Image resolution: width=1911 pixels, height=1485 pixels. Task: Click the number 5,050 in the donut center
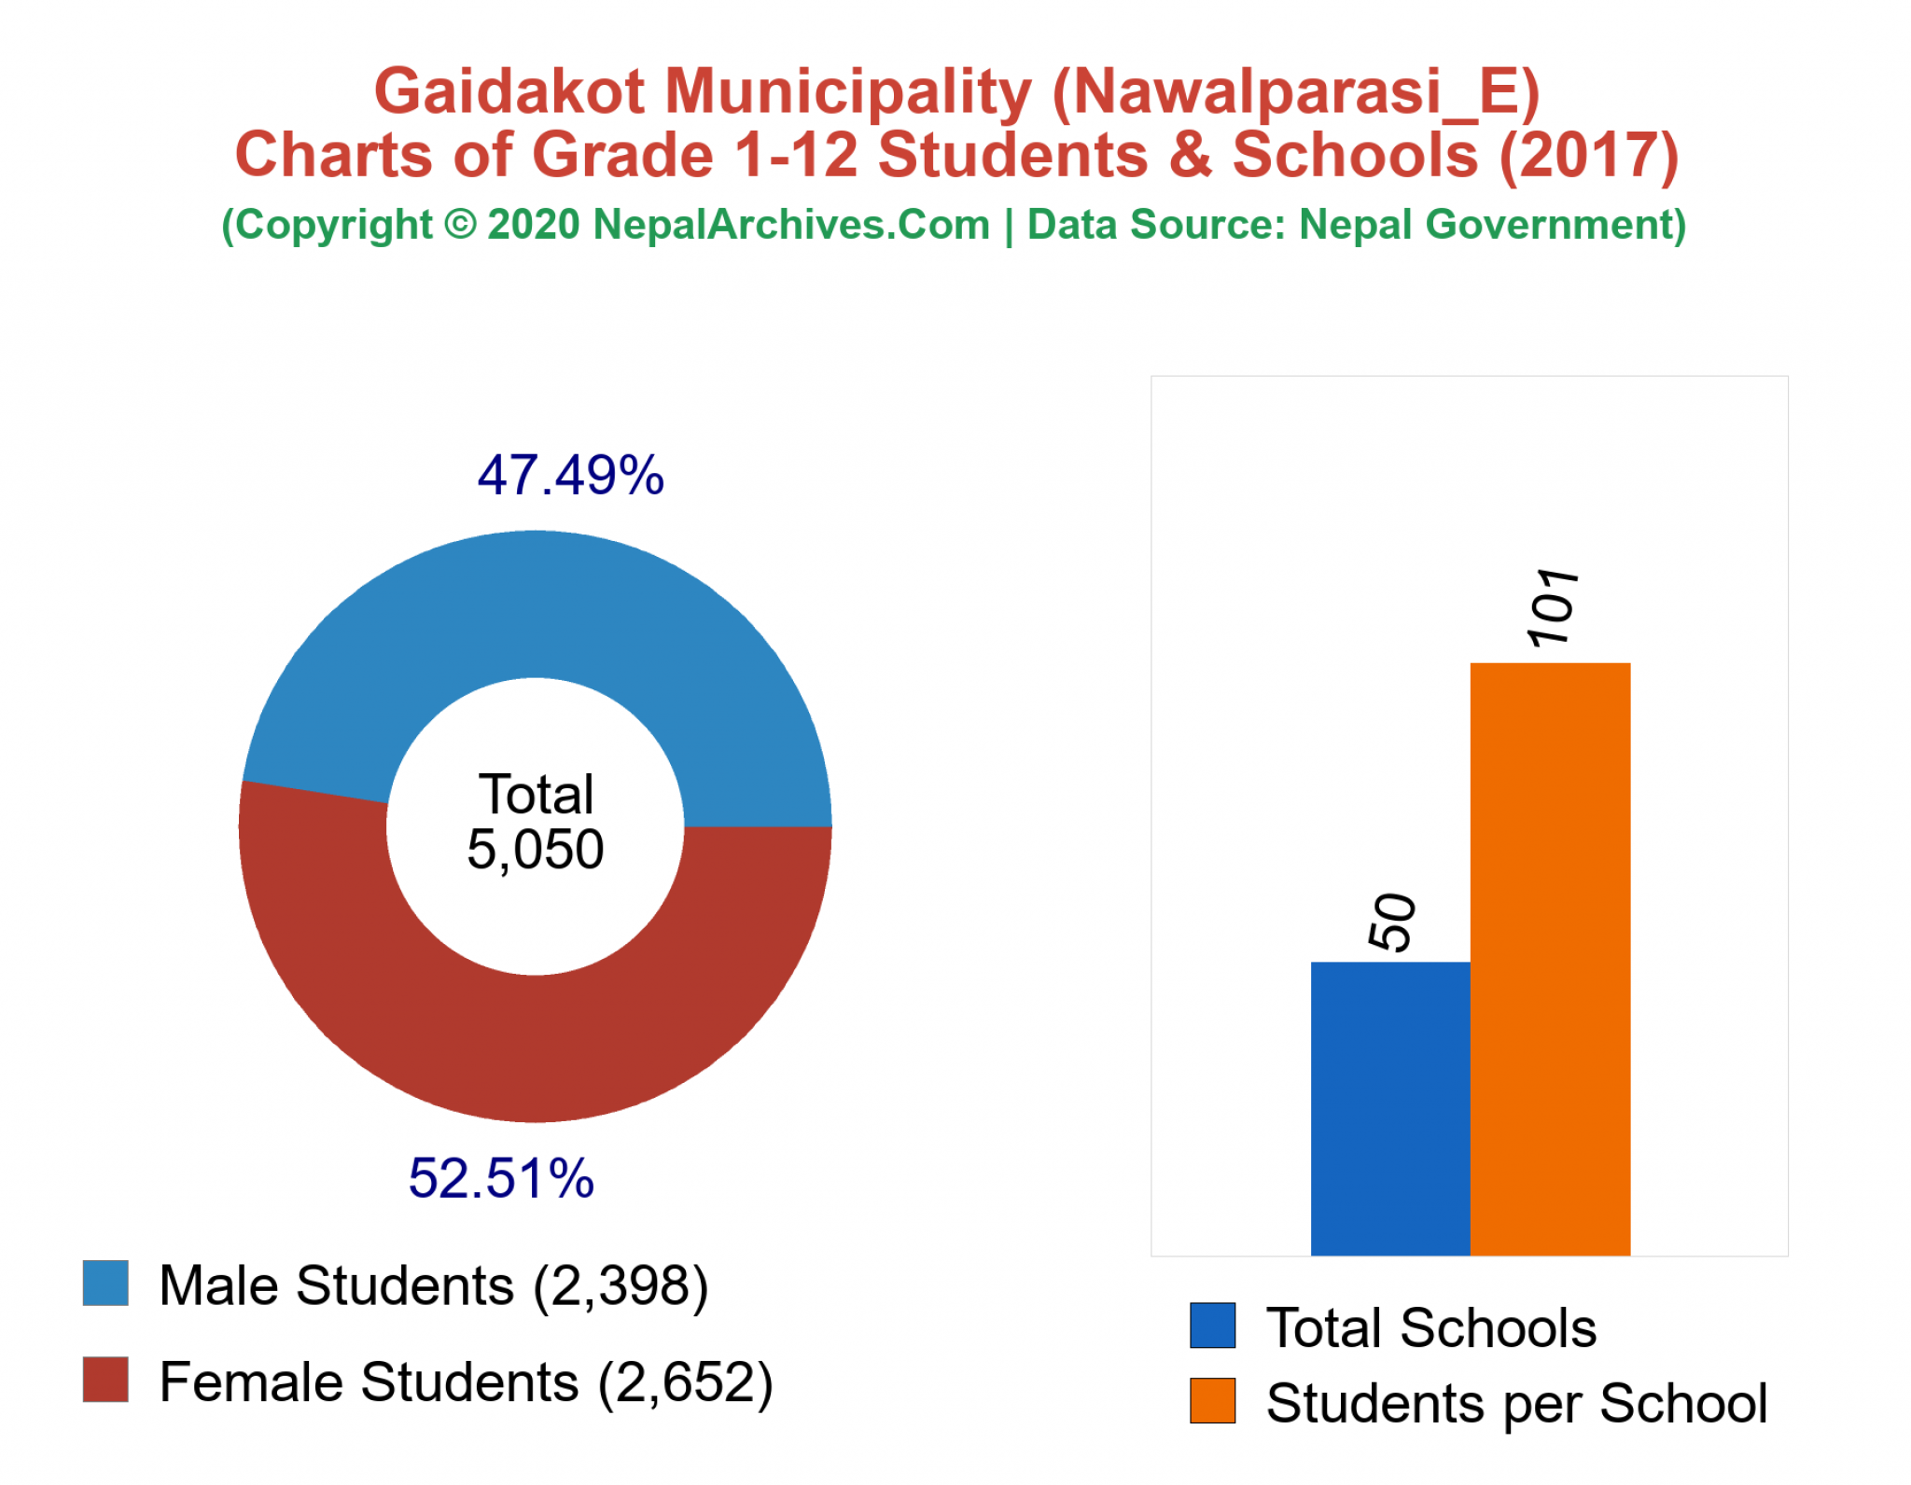535,849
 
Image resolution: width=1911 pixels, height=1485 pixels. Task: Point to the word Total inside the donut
536,795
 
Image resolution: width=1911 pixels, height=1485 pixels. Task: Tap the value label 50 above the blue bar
1392,922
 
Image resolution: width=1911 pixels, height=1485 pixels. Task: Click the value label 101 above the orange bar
1552,607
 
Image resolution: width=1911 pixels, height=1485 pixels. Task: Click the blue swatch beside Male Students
105,1284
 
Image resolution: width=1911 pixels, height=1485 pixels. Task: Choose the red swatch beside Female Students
105,1380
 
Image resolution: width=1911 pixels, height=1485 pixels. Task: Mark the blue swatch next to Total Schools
1212,1325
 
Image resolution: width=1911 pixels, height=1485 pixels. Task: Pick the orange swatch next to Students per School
1212,1401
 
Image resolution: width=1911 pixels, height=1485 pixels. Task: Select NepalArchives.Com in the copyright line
791,225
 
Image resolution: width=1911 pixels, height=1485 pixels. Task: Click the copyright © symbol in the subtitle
460,225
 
